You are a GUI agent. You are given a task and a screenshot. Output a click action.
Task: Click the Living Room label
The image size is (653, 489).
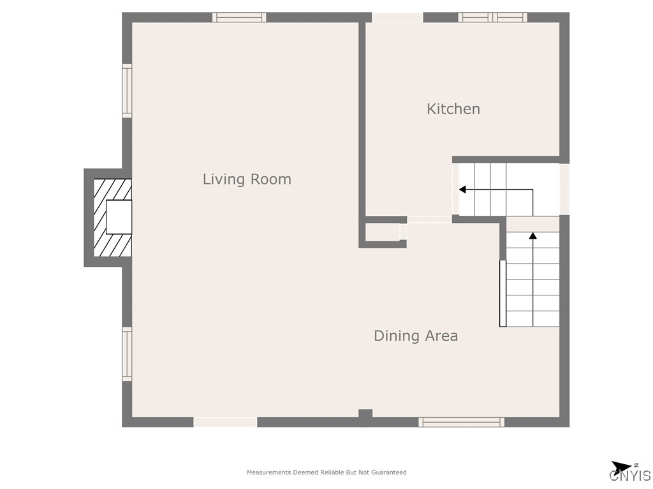247,179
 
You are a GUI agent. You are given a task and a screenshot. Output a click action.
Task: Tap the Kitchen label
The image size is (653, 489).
453,109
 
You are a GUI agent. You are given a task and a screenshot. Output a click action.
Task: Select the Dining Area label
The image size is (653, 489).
416,336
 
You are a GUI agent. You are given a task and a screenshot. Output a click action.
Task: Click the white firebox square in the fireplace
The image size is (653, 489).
119,217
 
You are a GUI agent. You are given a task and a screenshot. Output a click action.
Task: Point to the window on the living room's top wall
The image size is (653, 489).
239,17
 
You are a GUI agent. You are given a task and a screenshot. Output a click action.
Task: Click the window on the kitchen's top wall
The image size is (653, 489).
493,17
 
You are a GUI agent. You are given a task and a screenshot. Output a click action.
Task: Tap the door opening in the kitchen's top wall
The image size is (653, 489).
397,17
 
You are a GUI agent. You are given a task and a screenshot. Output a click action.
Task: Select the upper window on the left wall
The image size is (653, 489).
127,90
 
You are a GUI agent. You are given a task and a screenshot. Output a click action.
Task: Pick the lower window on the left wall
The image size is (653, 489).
127,354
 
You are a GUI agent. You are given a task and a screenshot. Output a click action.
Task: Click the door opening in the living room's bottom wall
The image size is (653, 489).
225,422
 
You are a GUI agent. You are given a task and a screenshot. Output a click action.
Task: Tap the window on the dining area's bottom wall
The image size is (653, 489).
462,422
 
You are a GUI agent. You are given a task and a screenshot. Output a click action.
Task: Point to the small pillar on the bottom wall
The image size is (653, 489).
365,413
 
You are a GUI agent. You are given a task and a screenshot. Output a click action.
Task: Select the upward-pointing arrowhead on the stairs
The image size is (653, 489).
532,236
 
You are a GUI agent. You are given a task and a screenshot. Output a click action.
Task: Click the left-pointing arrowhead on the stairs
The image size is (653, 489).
462,190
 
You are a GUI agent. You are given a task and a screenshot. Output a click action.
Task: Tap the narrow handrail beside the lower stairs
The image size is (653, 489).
503,294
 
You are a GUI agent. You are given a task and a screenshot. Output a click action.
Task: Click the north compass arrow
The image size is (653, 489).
621,467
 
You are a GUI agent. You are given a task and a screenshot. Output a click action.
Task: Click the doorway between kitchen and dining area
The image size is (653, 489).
429,220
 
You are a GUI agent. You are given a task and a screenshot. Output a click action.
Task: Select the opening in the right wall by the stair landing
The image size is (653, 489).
564,190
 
